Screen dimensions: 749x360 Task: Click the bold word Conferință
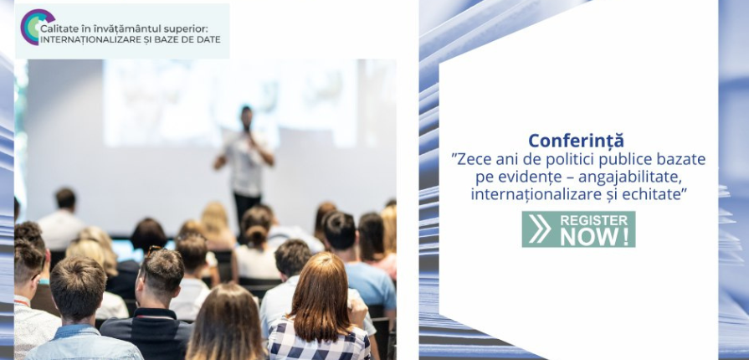(x=576, y=141)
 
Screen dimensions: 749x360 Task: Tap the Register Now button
(x=578, y=229)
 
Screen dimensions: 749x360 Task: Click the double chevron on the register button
(x=541, y=229)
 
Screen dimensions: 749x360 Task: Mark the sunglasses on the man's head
(x=154, y=250)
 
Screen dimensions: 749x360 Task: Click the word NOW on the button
(x=595, y=237)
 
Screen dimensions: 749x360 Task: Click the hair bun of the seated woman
(x=257, y=234)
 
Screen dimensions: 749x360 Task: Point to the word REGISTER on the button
(x=594, y=220)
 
